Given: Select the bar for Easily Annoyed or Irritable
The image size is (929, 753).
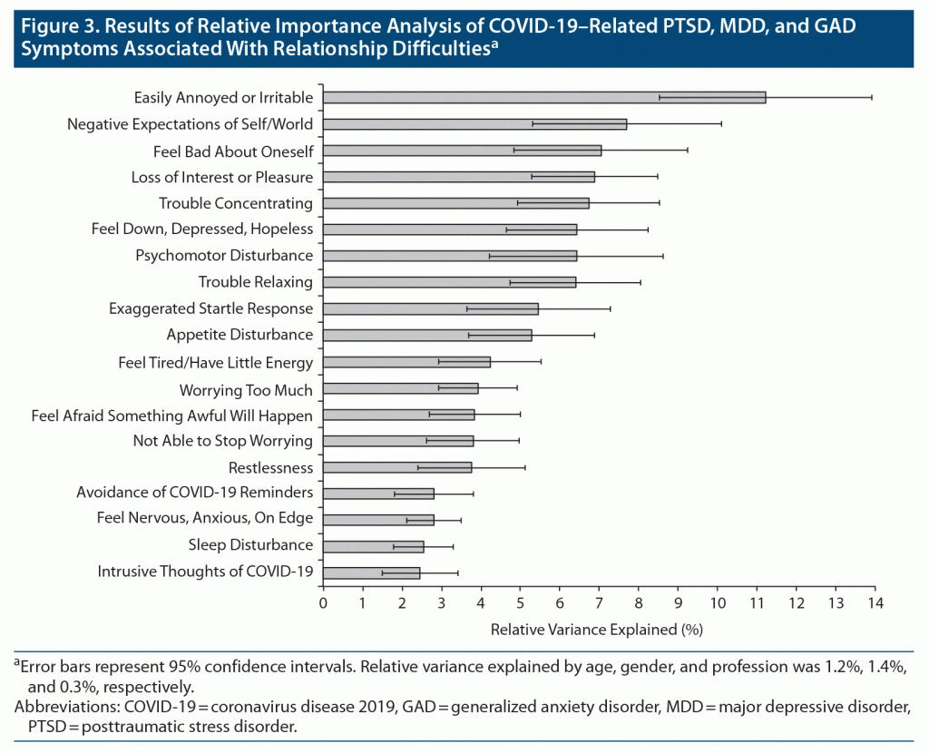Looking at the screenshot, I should coord(544,97).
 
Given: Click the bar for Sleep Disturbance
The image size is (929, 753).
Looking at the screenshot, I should coord(373,546).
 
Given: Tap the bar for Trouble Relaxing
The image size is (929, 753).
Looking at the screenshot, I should coord(449,282).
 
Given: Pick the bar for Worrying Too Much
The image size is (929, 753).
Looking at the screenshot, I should coord(400,388).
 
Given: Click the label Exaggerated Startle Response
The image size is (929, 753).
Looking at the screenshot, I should coord(210,308).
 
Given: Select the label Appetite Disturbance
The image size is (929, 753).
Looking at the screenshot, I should coord(240,335).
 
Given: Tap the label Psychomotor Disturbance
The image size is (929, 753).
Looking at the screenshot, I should coord(224,256).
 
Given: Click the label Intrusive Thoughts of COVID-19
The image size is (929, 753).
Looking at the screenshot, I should coord(205,572).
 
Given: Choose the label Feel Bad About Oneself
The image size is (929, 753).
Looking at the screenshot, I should coord(233,151).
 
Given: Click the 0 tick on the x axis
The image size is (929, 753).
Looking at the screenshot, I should coord(323,602).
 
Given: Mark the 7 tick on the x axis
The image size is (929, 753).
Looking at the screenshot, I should coord(599,602).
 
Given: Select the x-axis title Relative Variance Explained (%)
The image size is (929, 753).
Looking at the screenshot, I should coord(597,629).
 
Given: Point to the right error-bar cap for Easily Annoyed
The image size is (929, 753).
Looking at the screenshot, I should coord(872,97).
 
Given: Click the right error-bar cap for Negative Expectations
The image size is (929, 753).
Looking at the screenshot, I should coord(721,123).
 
